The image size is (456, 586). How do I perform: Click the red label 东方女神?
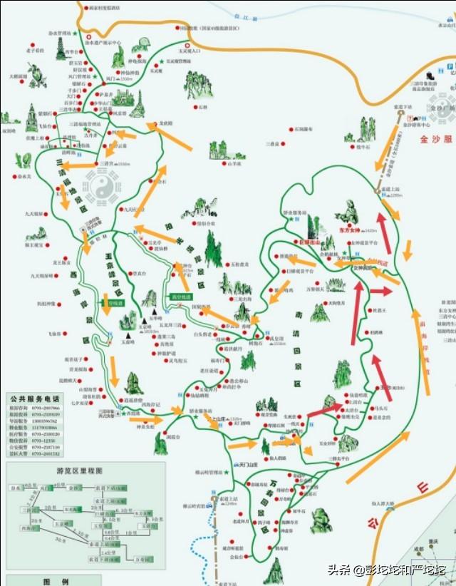pyautogui.click(x=346, y=230)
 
